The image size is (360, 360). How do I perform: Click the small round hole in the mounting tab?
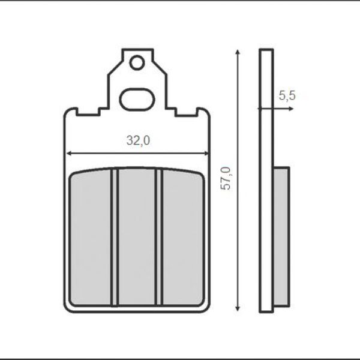[x=137, y=62]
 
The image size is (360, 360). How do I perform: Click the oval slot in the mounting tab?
[x=137, y=100]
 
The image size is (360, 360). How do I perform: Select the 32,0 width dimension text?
[x=137, y=141]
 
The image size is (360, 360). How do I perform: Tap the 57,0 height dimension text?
[x=226, y=178]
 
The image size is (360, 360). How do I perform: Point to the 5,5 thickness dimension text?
[x=287, y=95]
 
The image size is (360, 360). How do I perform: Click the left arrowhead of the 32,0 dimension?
[x=68, y=154]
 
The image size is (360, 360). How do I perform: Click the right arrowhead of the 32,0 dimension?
[x=207, y=154]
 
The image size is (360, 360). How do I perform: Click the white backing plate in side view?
[x=266, y=180]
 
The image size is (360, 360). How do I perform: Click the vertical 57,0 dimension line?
[x=239, y=240]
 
